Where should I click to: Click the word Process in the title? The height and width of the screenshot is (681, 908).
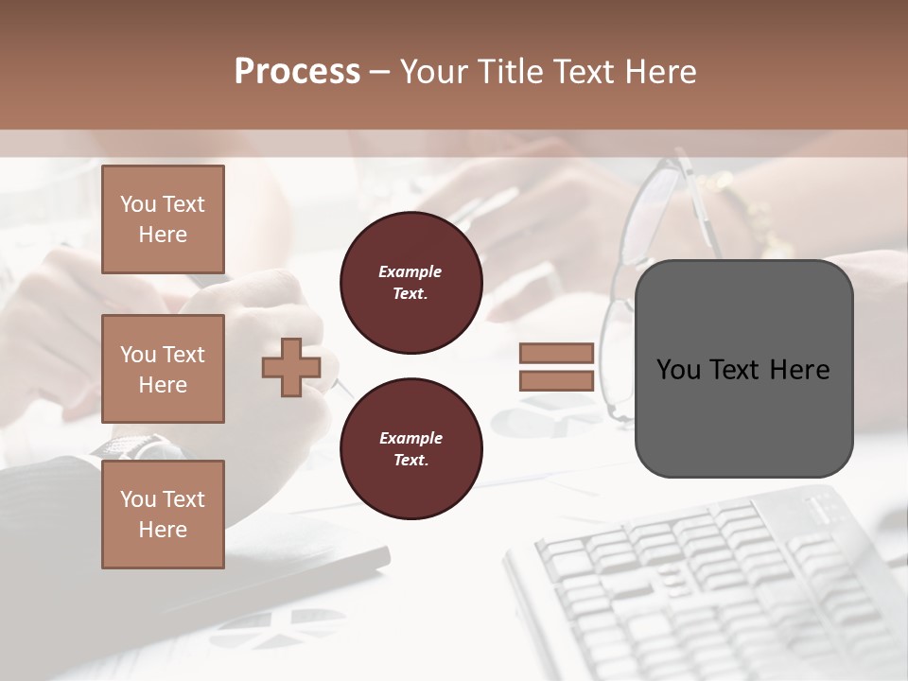297,72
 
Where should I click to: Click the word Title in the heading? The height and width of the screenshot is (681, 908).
503,72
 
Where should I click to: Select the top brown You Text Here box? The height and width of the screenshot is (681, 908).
163,219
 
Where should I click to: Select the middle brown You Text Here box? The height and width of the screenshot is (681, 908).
163,369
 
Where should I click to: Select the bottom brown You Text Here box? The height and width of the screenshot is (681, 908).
163,515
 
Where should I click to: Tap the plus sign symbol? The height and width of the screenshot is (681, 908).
291,367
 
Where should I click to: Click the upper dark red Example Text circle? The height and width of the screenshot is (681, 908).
410,283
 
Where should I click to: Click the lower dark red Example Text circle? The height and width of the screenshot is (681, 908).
410,449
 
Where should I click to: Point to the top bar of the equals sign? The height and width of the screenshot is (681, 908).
556,354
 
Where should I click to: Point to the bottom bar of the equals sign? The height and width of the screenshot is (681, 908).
556,381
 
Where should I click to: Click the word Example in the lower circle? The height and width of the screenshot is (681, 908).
410,438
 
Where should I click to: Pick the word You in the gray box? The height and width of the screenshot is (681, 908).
677,370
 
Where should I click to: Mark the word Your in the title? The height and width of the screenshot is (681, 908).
434,72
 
